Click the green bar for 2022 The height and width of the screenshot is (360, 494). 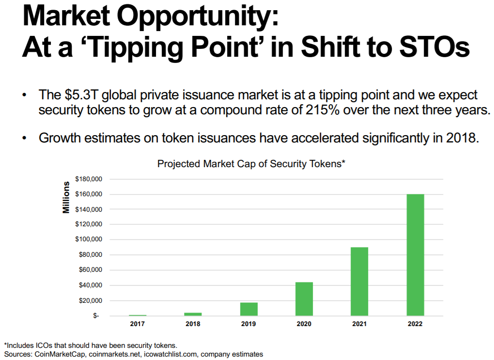click(415, 255)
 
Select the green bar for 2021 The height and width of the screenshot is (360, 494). click(359, 282)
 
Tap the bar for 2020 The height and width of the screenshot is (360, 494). click(304, 299)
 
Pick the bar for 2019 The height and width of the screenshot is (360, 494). click(248, 309)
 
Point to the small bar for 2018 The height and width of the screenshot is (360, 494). click(193, 314)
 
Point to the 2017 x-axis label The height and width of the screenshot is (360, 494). click(138, 324)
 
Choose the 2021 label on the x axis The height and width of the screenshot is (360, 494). click(359, 324)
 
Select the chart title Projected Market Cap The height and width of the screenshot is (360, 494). click(250, 164)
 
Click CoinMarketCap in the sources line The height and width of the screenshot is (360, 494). click(61, 354)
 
